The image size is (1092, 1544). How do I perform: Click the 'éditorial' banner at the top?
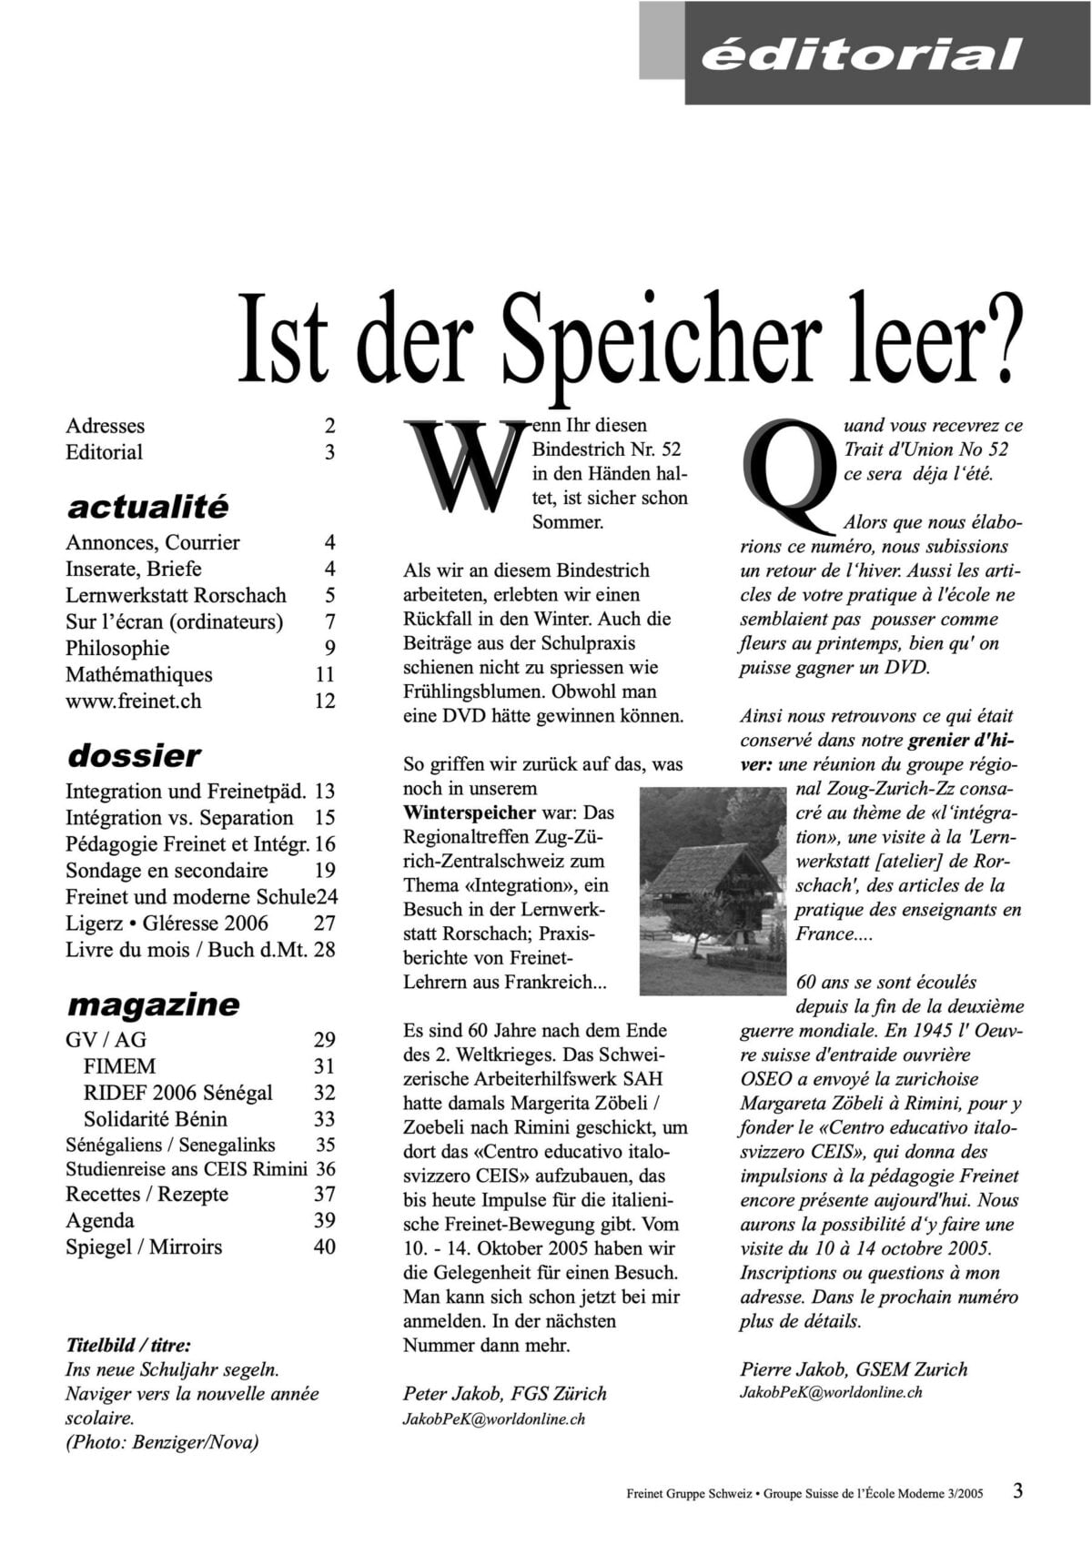click(860, 55)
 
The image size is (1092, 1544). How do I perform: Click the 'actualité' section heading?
click(148, 506)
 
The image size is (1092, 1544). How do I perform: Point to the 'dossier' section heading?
click(134, 754)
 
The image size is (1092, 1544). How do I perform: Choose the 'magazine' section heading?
click(153, 1004)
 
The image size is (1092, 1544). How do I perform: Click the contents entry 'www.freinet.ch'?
click(133, 701)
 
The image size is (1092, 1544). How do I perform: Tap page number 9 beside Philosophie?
click(329, 648)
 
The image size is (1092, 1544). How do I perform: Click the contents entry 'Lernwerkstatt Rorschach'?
click(176, 595)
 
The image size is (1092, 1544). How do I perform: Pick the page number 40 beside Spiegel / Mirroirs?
click(325, 1246)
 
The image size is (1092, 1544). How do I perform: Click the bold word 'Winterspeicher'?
click(470, 812)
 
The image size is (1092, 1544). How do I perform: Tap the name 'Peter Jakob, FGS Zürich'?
click(504, 1393)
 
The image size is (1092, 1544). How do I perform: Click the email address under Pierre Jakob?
click(831, 1392)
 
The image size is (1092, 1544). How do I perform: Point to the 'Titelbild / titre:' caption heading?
click(128, 1345)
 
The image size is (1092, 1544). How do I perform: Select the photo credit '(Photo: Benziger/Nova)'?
click(162, 1441)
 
